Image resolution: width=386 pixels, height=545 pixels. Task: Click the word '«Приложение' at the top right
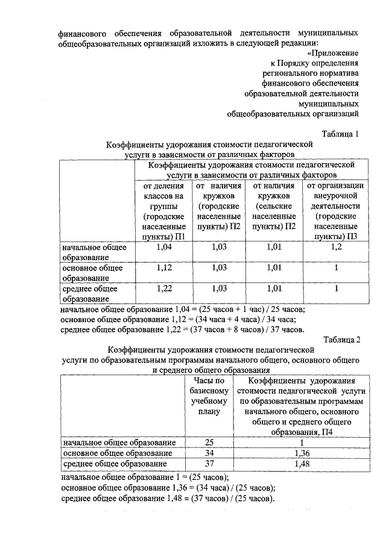click(x=335, y=52)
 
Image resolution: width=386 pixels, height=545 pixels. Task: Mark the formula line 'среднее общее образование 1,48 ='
click(x=168, y=499)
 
